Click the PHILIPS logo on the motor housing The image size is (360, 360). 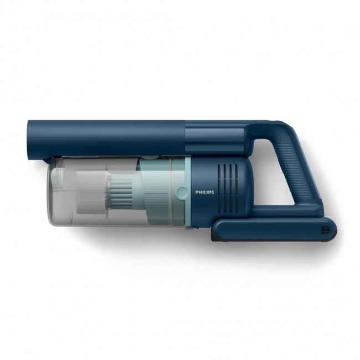point(204,192)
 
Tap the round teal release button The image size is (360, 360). point(181,192)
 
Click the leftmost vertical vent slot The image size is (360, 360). point(219,188)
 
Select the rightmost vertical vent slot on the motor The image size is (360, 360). point(236,188)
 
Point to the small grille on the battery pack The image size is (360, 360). point(326,230)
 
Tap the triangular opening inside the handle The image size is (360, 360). point(275,173)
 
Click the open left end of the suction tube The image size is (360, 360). point(29,140)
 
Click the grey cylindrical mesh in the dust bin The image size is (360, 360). point(92,192)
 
